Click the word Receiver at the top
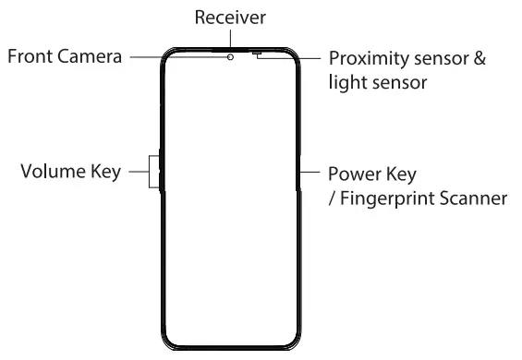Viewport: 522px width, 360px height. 229,18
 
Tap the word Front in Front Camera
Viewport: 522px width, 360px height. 30,56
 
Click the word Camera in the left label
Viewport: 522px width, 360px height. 90,56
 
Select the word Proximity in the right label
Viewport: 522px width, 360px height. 369,58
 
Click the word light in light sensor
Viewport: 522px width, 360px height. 346,82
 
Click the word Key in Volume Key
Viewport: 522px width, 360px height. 107,173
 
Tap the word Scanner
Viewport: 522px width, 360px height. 474,197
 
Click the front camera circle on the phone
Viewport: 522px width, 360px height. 229,56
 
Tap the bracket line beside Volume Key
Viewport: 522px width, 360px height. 148,172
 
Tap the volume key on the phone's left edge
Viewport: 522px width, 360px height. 161,172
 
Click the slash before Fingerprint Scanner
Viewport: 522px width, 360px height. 333,198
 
